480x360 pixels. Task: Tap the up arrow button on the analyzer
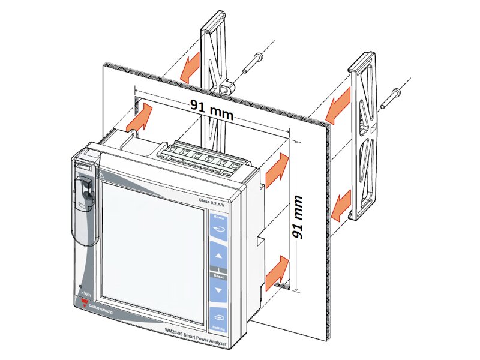[218, 254]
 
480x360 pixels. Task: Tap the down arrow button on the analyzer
[218, 290]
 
